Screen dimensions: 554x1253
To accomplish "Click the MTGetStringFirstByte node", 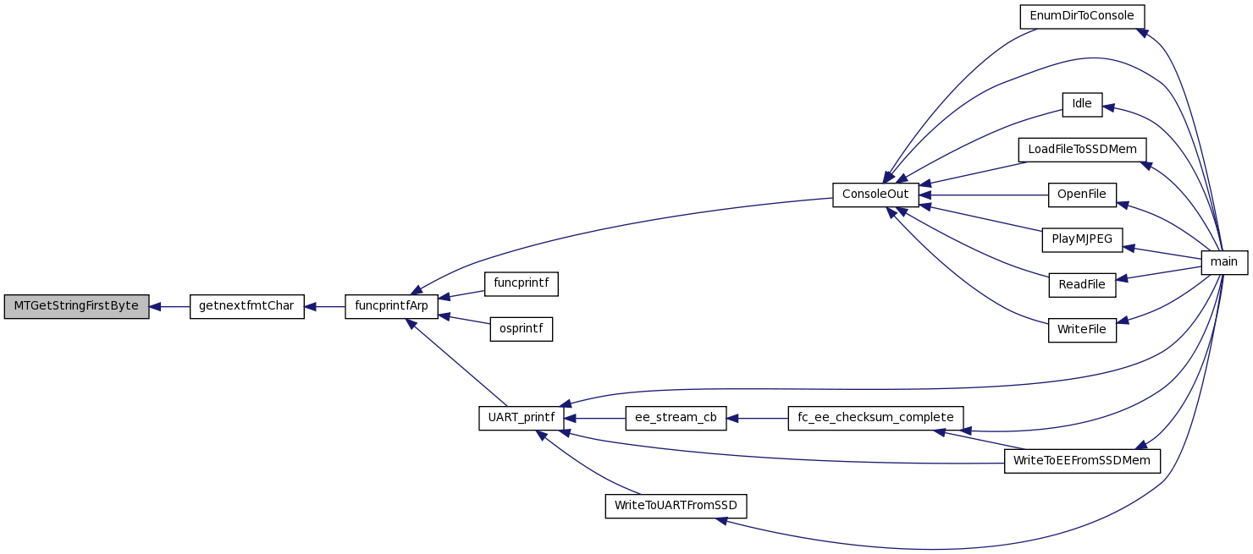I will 76,306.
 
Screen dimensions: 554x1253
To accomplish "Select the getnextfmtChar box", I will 246,306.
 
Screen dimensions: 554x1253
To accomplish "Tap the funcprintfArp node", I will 391,306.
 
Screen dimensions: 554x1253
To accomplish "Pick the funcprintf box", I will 522,283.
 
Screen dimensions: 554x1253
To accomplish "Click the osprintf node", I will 522,329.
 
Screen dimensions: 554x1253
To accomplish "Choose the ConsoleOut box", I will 875,195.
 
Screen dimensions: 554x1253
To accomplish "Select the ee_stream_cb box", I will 676,418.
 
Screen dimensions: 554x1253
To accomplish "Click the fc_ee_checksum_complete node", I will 875,418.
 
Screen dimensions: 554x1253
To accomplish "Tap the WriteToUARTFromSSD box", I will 676,507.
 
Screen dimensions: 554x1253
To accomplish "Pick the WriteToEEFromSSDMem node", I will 1082,461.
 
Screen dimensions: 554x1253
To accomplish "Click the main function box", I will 1224,262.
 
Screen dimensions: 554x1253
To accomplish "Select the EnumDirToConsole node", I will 1082,16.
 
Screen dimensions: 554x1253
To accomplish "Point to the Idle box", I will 1082,104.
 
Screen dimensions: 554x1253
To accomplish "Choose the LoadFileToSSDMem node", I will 1082,150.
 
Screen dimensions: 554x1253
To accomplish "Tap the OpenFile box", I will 1082,195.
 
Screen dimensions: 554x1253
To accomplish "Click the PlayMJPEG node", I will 1082,239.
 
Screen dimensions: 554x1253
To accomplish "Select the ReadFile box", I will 1082,284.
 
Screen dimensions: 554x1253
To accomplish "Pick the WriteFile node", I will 1082,330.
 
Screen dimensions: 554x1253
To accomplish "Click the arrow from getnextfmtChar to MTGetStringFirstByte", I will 169,306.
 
